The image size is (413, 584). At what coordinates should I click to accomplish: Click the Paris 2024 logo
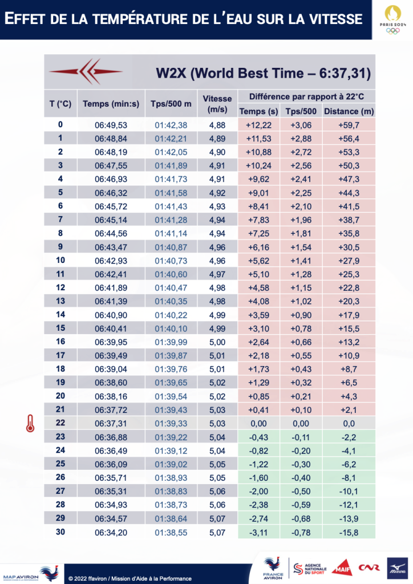[x=392, y=20]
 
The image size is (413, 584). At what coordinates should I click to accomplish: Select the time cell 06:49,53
[x=111, y=125]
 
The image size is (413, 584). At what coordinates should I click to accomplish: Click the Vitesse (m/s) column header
[x=217, y=104]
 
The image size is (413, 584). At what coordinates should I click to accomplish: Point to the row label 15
[x=60, y=328]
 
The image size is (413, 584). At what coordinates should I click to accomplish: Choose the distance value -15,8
[x=349, y=532]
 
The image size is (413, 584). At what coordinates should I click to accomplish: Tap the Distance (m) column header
[x=349, y=111]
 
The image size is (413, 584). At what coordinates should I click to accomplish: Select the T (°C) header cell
[x=60, y=104]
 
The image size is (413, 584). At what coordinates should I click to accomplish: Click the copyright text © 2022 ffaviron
[x=129, y=578]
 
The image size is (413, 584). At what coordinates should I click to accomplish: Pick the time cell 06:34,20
[x=111, y=532]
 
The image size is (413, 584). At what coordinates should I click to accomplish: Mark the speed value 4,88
[x=217, y=125]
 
